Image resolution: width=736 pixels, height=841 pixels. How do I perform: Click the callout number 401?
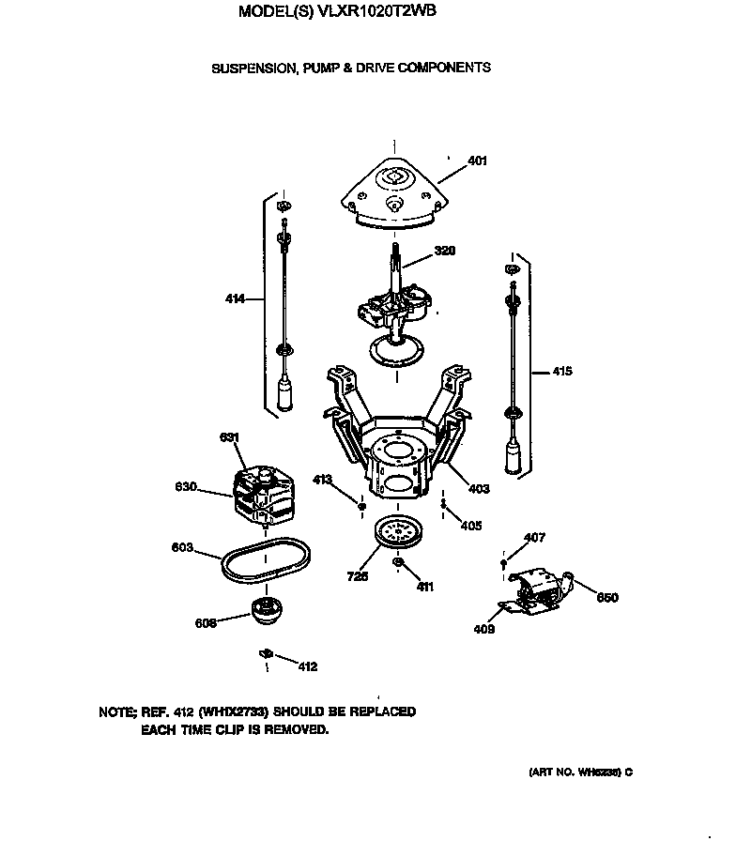click(x=477, y=161)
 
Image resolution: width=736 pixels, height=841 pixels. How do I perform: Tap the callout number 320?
click(x=445, y=252)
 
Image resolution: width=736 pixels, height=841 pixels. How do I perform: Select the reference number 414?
click(x=235, y=299)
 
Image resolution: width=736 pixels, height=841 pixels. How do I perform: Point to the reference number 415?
click(x=561, y=372)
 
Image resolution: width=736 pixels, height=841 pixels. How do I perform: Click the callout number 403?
click(x=479, y=487)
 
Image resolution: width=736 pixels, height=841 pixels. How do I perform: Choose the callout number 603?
click(x=182, y=546)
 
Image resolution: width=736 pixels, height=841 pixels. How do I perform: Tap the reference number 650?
click(x=607, y=598)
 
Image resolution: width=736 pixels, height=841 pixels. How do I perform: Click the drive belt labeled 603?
click(x=265, y=563)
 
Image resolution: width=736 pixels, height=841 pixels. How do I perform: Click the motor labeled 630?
click(x=263, y=490)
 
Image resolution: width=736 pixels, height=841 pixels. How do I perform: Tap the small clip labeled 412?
click(x=266, y=652)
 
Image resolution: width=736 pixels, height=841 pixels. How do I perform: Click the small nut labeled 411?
click(x=398, y=563)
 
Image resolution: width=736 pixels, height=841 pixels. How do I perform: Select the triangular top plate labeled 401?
click(x=394, y=191)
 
